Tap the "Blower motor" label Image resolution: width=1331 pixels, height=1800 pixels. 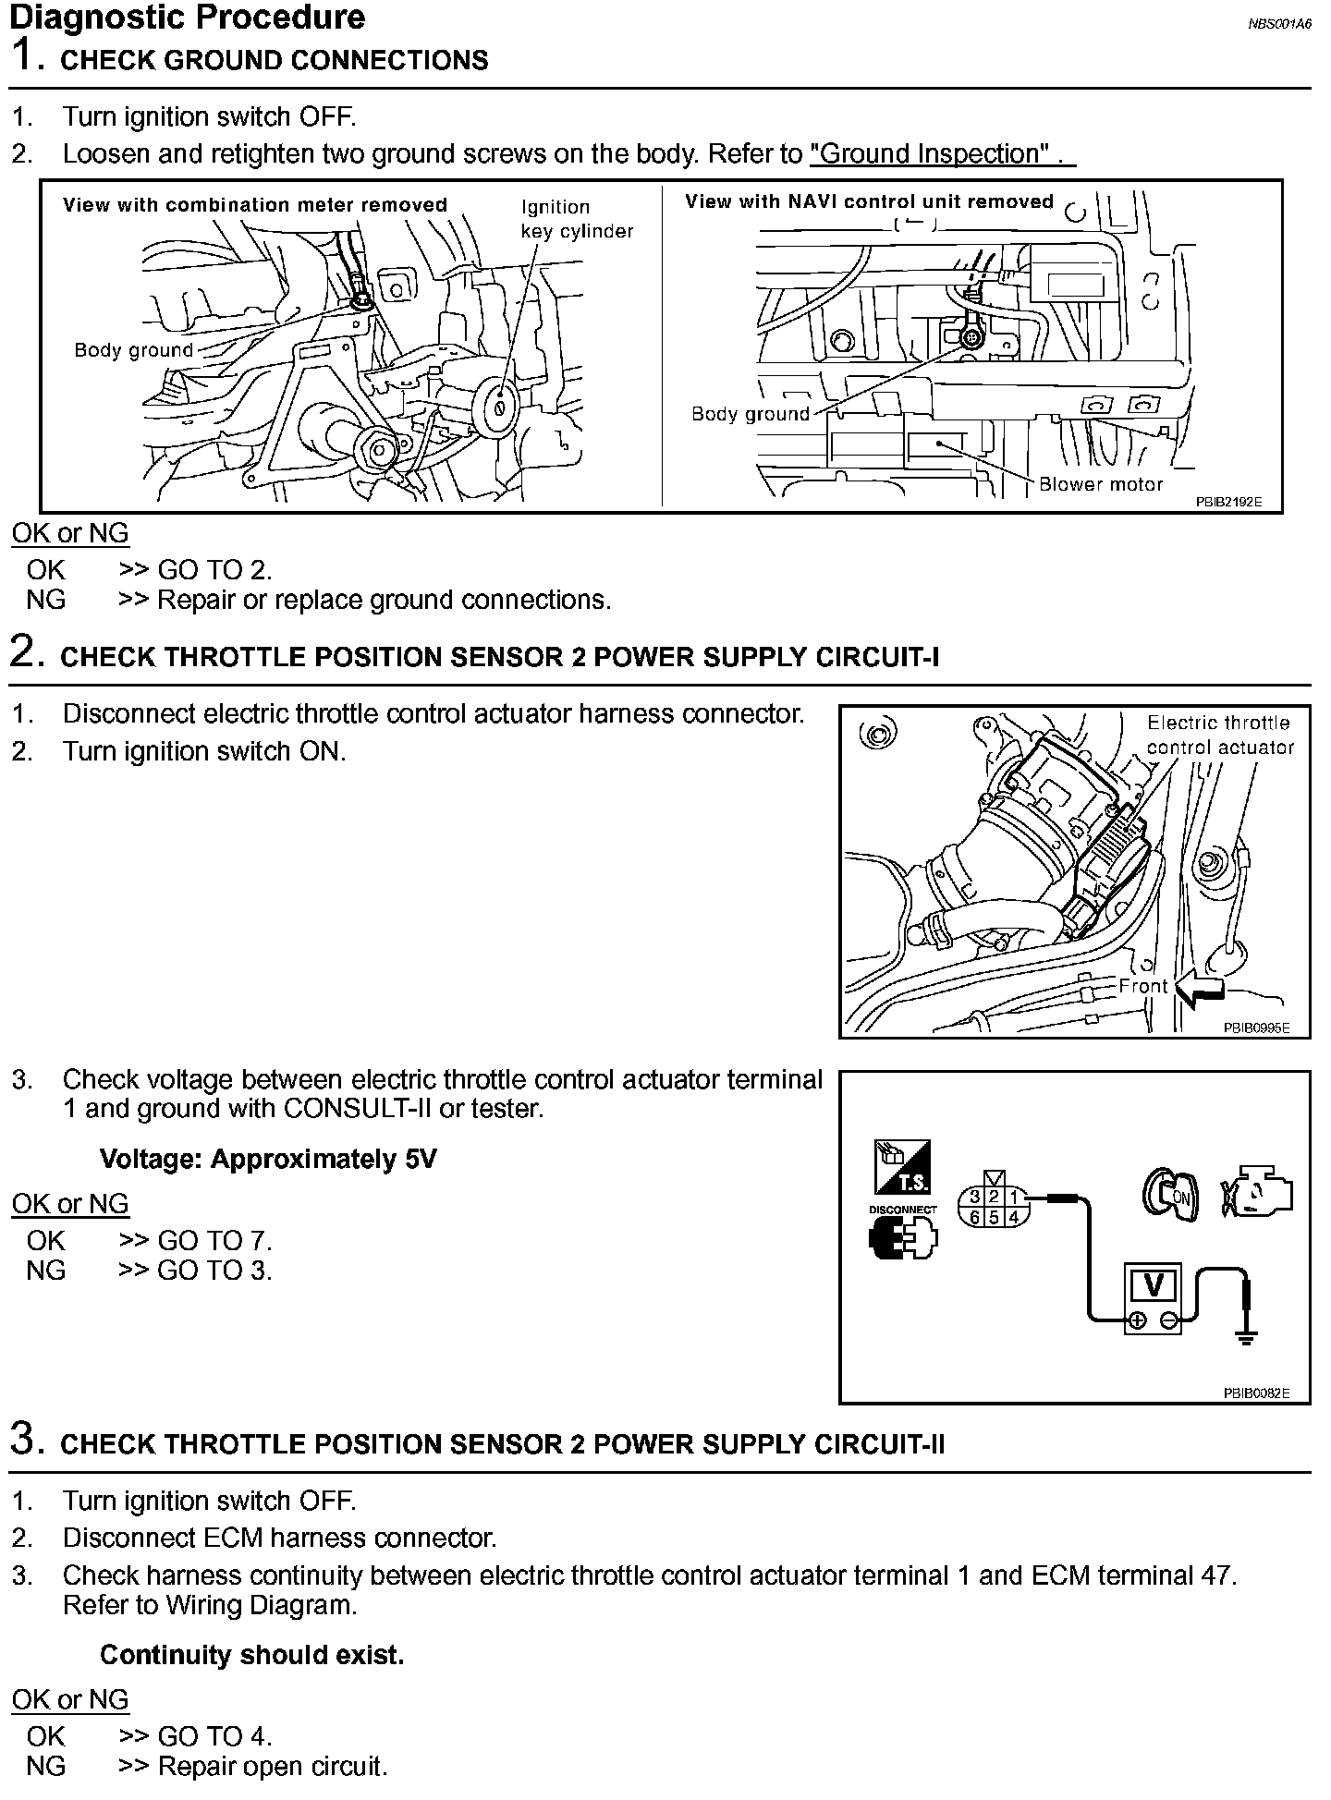click(1100, 484)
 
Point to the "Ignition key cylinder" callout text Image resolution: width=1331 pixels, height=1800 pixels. click(577, 219)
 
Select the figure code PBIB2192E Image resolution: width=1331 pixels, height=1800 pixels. click(1227, 503)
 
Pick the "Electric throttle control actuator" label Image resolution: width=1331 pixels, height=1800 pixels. click(1219, 735)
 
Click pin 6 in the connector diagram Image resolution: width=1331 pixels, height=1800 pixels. click(974, 1217)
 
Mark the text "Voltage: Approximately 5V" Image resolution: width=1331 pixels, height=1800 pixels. click(267, 1159)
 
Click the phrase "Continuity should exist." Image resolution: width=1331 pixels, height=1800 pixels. click(251, 1654)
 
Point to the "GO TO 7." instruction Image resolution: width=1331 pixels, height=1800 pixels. click(214, 1240)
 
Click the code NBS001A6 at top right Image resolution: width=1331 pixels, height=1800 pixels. click(1279, 25)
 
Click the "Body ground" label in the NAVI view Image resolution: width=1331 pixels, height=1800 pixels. click(750, 414)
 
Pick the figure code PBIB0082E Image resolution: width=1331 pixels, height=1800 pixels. click(1256, 1393)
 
